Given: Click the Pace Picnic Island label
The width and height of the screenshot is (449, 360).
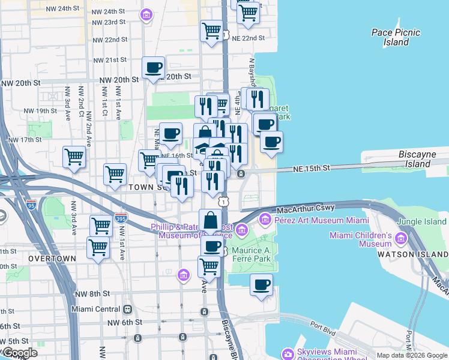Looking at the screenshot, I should pyautogui.click(x=396, y=37).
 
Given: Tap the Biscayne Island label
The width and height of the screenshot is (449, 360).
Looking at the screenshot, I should pyautogui.click(x=417, y=159).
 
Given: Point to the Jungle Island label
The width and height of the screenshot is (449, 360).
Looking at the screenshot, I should pyautogui.click(x=422, y=221).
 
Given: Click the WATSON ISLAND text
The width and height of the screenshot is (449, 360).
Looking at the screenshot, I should pyautogui.click(x=412, y=254).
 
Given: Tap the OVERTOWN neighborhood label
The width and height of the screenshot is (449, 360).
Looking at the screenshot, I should pyautogui.click(x=52, y=259).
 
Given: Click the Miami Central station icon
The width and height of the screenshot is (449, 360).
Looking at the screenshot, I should pyautogui.click(x=127, y=309).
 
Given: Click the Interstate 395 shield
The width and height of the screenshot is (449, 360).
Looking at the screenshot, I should pyautogui.click(x=121, y=218).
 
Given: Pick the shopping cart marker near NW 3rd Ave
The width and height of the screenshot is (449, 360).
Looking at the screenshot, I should pyautogui.click(x=74, y=157).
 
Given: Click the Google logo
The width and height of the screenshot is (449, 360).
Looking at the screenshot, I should pyautogui.click(x=19, y=353).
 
